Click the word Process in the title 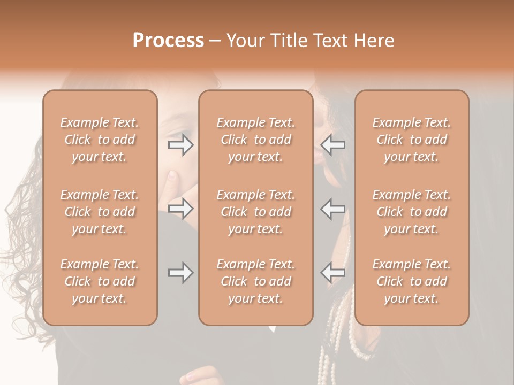[168, 41]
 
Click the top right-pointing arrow [180, 145]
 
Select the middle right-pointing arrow [180, 209]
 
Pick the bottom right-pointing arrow [180, 273]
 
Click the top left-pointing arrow [333, 145]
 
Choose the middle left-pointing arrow [333, 209]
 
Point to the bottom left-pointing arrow [333, 273]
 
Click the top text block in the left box [100, 140]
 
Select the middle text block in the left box [100, 212]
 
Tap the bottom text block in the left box [100, 281]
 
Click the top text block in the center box [255, 140]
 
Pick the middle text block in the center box [255, 212]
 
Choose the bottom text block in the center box [255, 281]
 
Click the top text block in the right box [411, 140]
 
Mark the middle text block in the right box [411, 212]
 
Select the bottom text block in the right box [411, 281]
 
